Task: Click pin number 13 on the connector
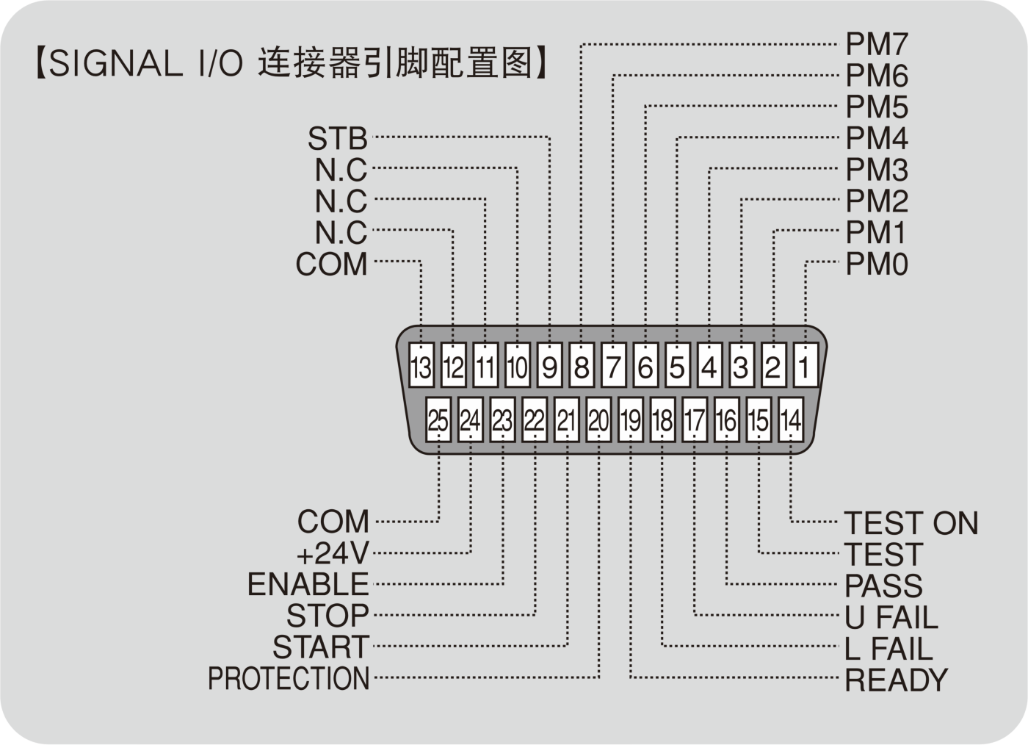coord(421,364)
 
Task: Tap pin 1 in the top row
coord(805,364)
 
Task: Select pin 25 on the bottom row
coord(438,420)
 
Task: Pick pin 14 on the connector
coord(790,420)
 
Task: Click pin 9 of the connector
coord(549,364)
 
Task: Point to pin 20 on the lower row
coord(598,420)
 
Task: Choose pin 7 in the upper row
coord(613,364)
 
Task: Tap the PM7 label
coord(877,45)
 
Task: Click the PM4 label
coord(877,138)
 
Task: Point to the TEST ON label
coord(911,523)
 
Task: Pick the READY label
coord(897,680)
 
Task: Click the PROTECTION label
coord(289,678)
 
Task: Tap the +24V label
coord(333,553)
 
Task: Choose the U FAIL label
coord(891,617)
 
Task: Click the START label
coord(321,647)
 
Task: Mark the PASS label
coord(883,586)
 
